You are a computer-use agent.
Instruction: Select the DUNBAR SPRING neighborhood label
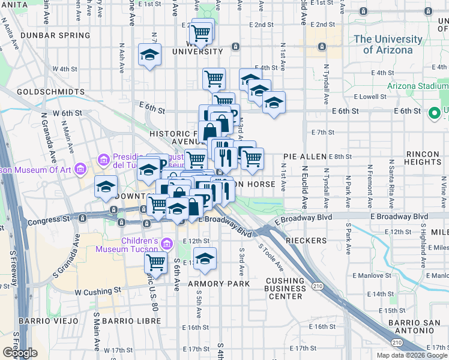(x=55, y=35)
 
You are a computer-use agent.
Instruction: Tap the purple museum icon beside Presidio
(x=101, y=161)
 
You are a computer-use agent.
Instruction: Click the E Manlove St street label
(x=371, y=275)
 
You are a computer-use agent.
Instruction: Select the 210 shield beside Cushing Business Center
(x=318, y=287)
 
